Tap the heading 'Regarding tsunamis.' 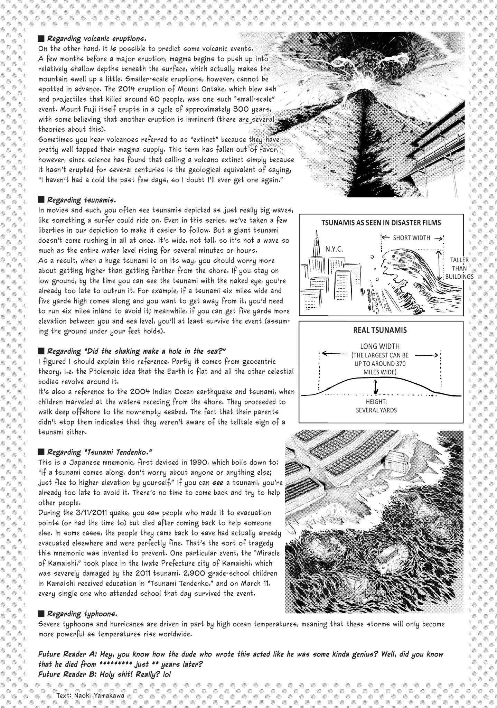pos(82,200)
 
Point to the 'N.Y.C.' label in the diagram pos(334,249)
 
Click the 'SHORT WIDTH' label pos(411,238)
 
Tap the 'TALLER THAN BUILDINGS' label pos(459,268)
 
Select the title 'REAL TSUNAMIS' pos(380,330)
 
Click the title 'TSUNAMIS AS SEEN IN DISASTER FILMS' pos(381,223)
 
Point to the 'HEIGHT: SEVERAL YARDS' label pos(376,406)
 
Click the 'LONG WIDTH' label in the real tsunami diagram pos(379,346)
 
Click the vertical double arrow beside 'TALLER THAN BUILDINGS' pos(440,265)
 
